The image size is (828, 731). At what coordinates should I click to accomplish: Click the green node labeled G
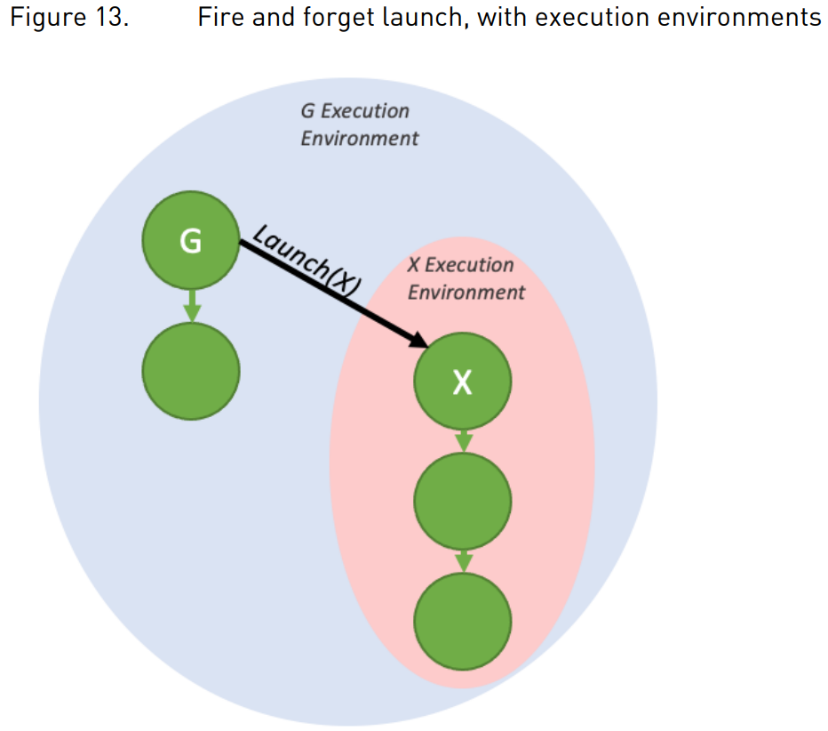click(191, 240)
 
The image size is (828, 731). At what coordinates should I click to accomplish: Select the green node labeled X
click(462, 382)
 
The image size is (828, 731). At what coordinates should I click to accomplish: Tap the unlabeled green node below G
click(191, 371)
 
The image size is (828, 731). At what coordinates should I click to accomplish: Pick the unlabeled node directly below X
click(462, 502)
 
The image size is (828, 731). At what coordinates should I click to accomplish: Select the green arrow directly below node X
click(462, 439)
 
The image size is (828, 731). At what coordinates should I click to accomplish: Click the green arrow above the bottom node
click(462, 560)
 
